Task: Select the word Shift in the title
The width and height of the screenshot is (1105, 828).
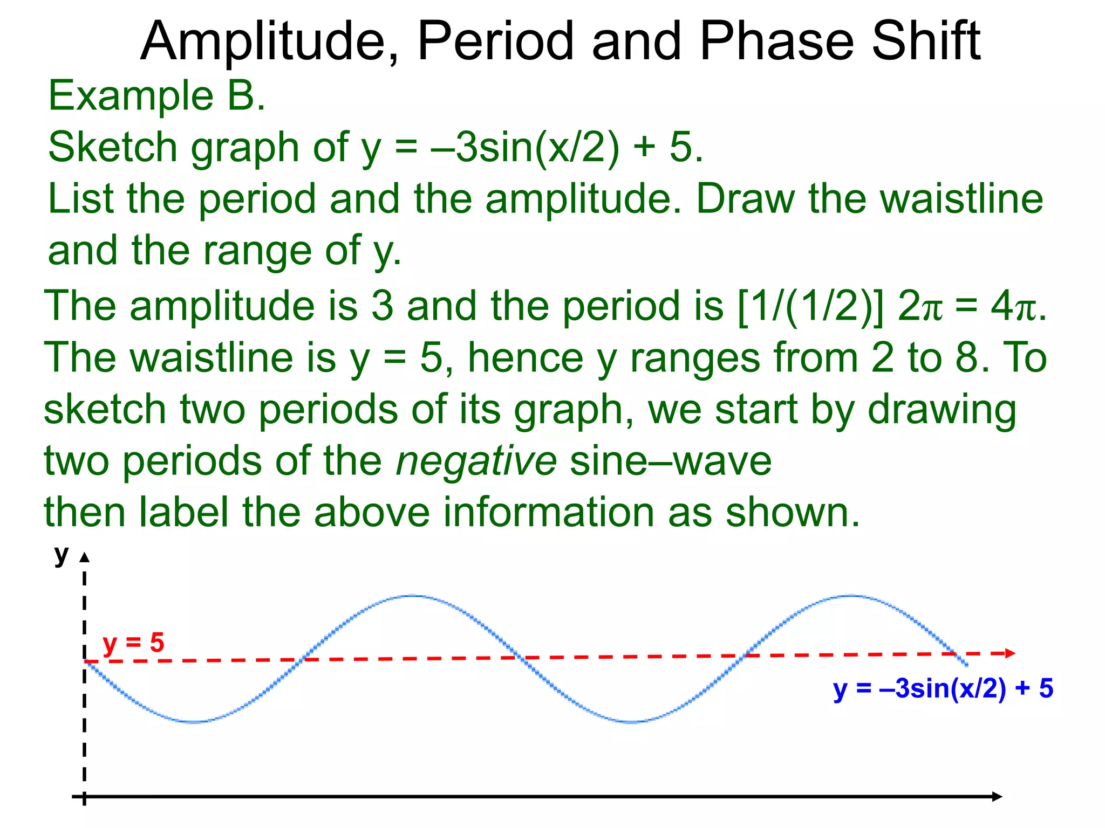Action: [x=926, y=42]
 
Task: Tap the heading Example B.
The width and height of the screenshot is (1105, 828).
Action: [x=156, y=96]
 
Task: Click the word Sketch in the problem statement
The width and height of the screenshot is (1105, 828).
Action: [x=112, y=148]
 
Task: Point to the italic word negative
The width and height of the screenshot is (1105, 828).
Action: [x=476, y=461]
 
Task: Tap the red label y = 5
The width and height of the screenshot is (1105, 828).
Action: [x=133, y=643]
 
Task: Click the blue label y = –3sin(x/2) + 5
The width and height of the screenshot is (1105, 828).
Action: [x=943, y=689]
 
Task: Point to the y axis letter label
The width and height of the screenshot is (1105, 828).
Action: [x=62, y=554]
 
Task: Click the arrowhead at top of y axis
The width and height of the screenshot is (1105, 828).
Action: [x=84, y=557]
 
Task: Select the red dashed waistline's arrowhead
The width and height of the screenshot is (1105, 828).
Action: [x=1010, y=653]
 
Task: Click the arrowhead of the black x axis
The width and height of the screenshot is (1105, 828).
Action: [x=997, y=797]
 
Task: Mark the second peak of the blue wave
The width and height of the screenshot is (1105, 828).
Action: [x=851, y=596]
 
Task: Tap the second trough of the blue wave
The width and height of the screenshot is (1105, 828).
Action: [x=631, y=721]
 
